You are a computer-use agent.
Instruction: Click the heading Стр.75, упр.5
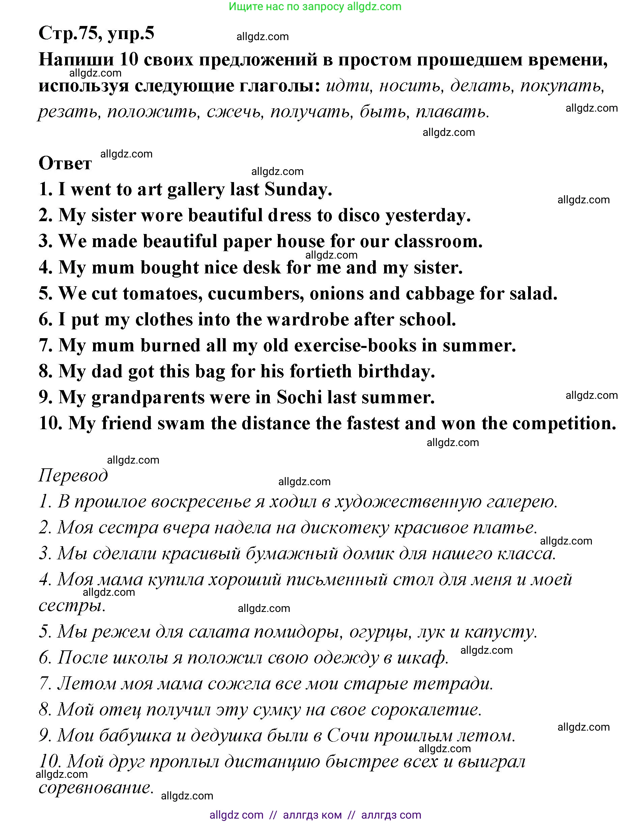click(96, 33)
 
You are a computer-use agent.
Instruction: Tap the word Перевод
click(73, 475)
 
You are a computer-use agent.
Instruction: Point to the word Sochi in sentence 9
click(299, 397)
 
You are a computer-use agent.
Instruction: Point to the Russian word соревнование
click(96, 788)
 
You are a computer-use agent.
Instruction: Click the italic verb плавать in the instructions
click(452, 112)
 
